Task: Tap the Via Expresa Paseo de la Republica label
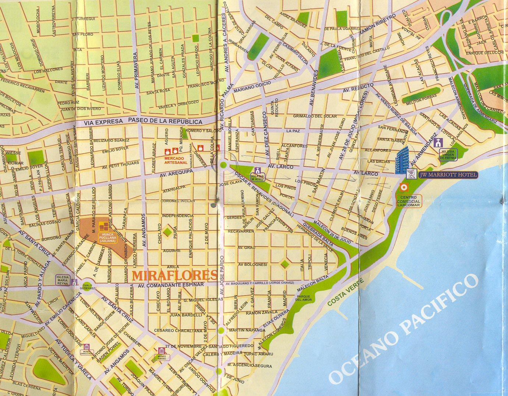click(143, 121)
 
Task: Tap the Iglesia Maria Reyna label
click(62, 279)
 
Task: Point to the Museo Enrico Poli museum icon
click(86, 347)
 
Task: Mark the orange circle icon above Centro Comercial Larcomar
click(404, 187)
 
